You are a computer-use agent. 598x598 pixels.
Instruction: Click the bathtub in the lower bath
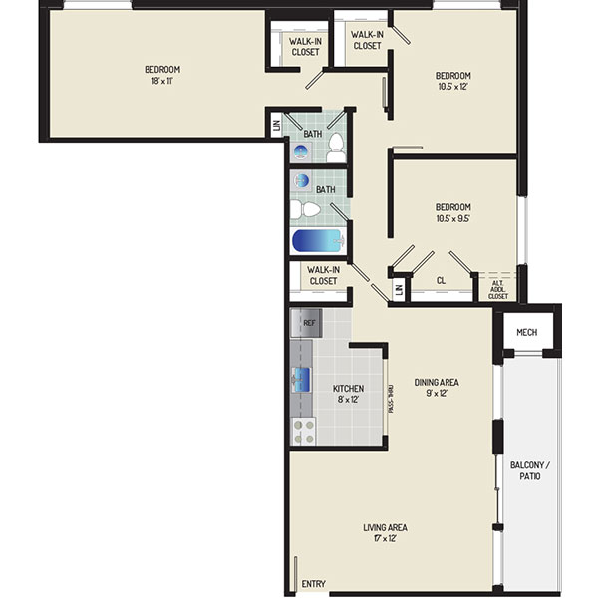click(x=319, y=240)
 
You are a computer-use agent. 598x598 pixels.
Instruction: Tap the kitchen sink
click(x=301, y=380)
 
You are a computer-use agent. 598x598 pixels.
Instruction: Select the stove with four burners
click(x=304, y=431)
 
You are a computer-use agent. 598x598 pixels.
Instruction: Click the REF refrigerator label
click(x=309, y=323)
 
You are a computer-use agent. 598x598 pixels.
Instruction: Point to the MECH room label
click(x=526, y=332)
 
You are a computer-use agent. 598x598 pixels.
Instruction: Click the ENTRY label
click(x=314, y=583)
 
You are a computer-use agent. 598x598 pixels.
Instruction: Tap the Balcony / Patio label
click(x=530, y=470)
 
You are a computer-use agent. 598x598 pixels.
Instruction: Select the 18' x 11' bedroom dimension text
click(x=162, y=81)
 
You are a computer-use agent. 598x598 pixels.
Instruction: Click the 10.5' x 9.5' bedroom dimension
click(x=453, y=218)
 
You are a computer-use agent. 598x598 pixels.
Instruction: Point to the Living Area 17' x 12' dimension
click(x=385, y=538)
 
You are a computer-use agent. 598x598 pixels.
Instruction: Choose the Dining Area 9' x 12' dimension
click(x=437, y=393)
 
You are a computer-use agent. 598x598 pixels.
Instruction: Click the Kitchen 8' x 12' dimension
click(x=348, y=399)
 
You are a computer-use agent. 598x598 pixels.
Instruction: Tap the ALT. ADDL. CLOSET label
click(x=498, y=290)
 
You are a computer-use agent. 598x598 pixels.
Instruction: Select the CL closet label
click(x=441, y=281)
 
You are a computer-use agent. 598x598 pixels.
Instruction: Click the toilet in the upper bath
click(x=336, y=148)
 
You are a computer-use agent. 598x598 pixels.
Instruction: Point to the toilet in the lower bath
click(x=305, y=209)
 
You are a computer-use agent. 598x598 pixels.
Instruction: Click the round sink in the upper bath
click(x=301, y=151)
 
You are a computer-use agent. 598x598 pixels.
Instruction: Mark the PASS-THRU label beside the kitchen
click(x=390, y=399)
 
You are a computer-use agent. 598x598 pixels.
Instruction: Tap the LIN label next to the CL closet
click(x=399, y=290)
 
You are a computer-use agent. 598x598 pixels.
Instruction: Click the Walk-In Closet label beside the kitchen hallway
click(x=323, y=275)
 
